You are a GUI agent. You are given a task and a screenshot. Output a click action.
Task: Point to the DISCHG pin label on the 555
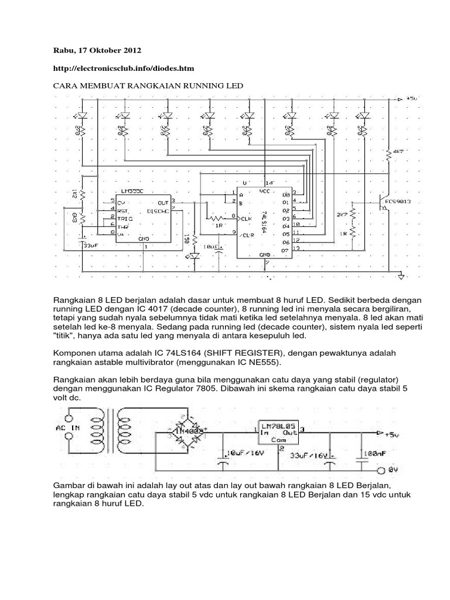pos(159,210)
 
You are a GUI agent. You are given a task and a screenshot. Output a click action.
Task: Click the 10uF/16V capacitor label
pos(246,454)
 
